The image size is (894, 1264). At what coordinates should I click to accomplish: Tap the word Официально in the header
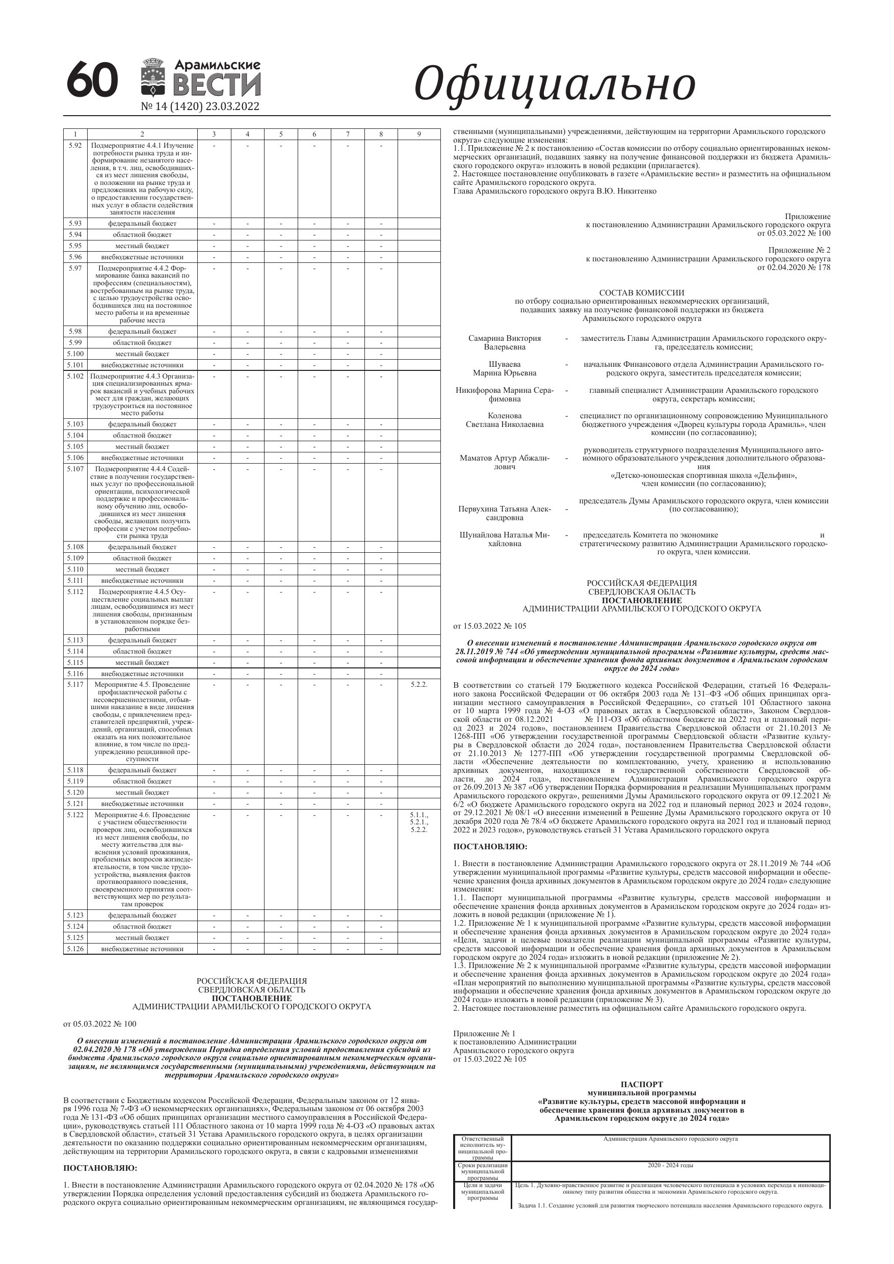[x=554, y=84]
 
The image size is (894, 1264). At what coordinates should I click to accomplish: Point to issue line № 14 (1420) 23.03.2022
[x=200, y=106]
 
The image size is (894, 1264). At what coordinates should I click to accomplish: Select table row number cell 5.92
[x=75, y=145]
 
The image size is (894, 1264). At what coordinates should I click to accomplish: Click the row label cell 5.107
[x=75, y=469]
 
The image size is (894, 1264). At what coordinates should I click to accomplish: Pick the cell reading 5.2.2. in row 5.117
[x=418, y=684]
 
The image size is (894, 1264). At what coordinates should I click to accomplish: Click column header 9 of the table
[x=418, y=134]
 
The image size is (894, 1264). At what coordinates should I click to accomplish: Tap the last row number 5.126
[x=75, y=949]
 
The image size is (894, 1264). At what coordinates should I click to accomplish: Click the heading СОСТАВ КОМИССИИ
[x=641, y=293]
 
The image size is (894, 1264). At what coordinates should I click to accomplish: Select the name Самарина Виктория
[x=505, y=338]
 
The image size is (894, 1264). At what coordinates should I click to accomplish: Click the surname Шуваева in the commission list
[x=505, y=364]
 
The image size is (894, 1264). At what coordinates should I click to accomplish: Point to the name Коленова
[x=505, y=416]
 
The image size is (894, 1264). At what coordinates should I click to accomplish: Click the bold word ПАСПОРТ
[x=641, y=1085]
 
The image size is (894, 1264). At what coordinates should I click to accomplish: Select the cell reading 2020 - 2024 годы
[x=670, y=1166]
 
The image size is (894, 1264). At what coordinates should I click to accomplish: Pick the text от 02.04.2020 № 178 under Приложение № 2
[x=794, y=267]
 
